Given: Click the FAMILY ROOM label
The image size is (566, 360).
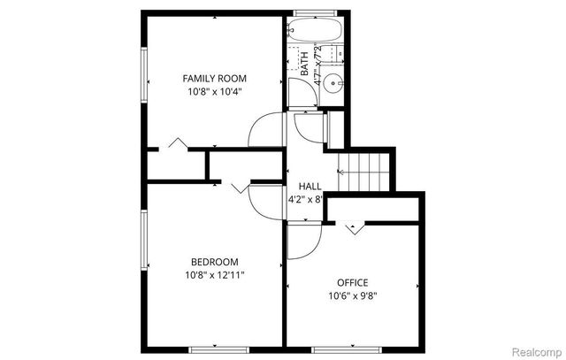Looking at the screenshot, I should (214, 78).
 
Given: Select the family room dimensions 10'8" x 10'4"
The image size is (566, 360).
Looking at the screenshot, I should (214, 90).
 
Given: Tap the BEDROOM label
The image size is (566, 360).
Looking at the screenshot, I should (215, 261).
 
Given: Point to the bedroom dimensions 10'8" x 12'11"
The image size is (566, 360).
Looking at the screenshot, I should (215, 274).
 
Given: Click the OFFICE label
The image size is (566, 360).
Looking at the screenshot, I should (352, 282).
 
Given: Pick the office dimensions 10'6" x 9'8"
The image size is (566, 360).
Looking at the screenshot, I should (352, 295).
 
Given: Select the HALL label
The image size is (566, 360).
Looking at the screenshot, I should (310, 186).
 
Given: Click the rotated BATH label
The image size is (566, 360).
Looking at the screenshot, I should (304, 64).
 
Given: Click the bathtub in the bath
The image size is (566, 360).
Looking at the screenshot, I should (314, 30).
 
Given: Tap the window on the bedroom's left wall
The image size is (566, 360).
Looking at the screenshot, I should (144, 249).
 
